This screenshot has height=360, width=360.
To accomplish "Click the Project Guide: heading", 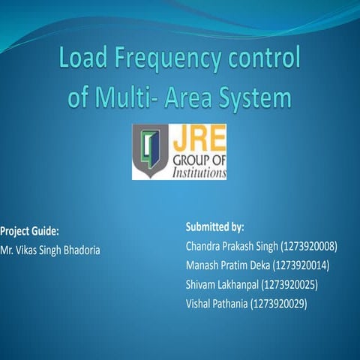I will pos(29,230).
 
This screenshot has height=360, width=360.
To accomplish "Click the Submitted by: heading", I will pos(214,226).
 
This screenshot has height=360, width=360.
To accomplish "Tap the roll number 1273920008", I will pos(309,246).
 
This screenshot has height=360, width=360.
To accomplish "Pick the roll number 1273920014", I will pos(301,265).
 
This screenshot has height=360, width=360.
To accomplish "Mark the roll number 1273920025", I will pos(290,285).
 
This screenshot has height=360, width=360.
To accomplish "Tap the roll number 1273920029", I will pos(280,304).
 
